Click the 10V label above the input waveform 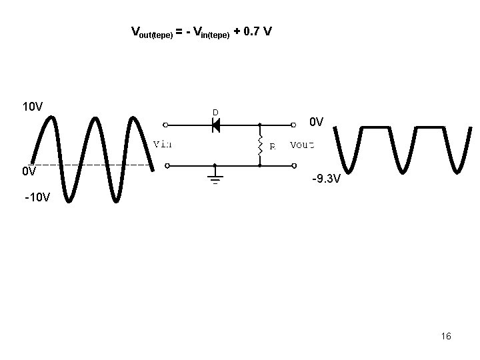33,107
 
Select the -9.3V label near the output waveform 327,179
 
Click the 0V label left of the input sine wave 29,171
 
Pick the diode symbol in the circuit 215,125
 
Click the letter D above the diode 215,112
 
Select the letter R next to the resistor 272,147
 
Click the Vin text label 163,143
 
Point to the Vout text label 303,144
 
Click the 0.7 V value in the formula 258,31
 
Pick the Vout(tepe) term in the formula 152,33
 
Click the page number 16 446,336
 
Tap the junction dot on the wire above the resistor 259,125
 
